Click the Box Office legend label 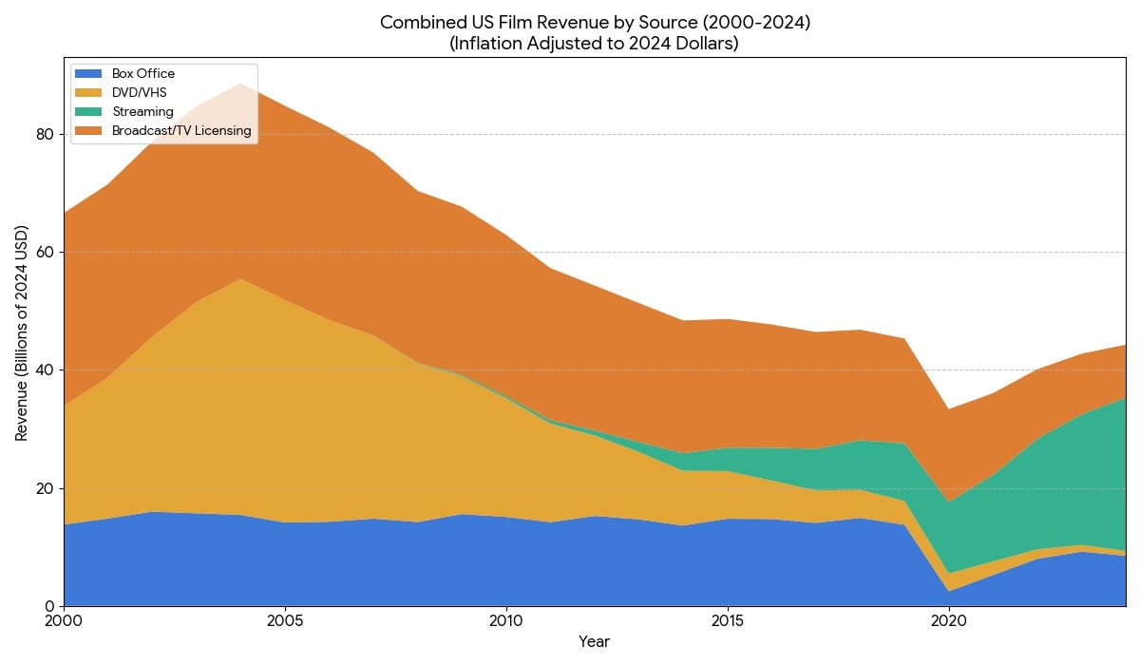[x=143, y=74]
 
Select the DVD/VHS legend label [x=139, y=92]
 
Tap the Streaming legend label [x=142, y=112]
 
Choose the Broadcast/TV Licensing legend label [x=181, y=131]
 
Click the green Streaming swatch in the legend [x=88, y=112]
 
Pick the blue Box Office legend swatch [x=88, y=74]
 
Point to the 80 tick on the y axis [x=45, y=134]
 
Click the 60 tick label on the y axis [x=45, y=253]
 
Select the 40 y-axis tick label [x=45, y=370]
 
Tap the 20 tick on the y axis [x=45, y=488]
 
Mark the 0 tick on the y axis [x=49, y=606]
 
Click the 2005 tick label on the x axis [x=285, y=621]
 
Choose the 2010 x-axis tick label [x=506, y=621]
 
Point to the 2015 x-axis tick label [x=728, y=621]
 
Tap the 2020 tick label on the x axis [x=949, y=621]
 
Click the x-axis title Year [x=594, y=642]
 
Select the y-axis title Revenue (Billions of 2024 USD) [x=21, y=332]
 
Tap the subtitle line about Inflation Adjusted [x=594, y=44]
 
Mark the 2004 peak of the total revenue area [x=240, y=84]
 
